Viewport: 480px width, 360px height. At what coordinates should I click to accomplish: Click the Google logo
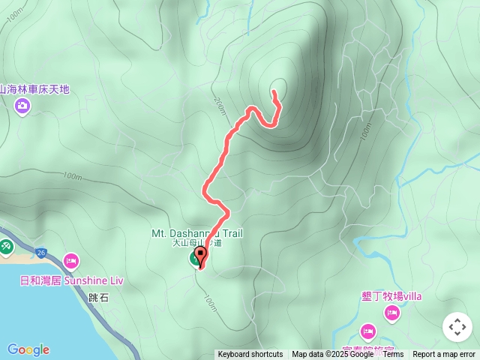coord(28,349)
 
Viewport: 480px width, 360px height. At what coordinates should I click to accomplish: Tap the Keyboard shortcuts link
coord(250,355)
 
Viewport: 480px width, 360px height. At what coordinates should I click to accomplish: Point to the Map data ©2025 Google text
coord(333,355)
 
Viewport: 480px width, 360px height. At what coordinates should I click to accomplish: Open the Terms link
coord(393,355)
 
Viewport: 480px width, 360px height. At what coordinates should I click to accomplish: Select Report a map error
coord(444,355)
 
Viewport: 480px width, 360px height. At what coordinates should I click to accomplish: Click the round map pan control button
coord(457,327)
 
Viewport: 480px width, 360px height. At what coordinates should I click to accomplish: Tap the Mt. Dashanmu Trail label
coord(197,233)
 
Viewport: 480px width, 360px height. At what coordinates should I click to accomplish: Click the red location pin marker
coord(201,255)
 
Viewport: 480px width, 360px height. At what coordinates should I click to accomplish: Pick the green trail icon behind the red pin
coord(194,259)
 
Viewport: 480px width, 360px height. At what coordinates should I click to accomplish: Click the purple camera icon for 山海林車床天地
coord(22,105)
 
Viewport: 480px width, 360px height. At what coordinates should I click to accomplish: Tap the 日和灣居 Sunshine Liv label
coord(71,280)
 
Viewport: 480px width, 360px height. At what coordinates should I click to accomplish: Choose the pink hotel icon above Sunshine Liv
coord(71,261)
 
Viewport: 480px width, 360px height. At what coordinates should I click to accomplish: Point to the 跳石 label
coord(98,298)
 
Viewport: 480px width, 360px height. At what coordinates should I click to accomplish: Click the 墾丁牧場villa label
coord(391,296)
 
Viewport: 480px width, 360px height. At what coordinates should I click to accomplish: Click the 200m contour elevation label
coord(219,109)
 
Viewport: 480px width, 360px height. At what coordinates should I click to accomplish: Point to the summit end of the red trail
coord(274,91)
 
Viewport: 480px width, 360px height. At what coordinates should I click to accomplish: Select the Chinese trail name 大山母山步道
coord(197,243)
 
